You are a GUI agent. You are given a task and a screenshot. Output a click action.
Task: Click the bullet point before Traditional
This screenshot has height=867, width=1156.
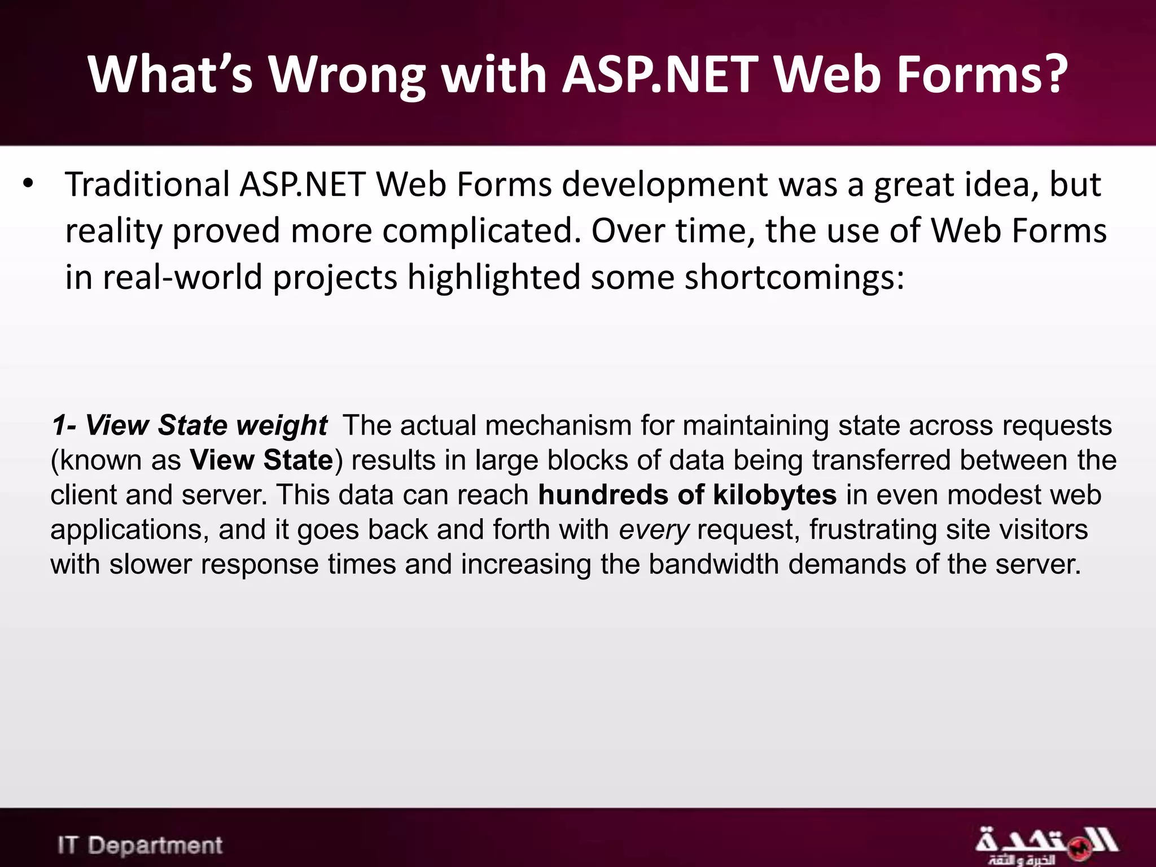(x=29, y=184)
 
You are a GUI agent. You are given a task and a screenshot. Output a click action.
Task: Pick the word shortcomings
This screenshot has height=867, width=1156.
(x=795, y=278)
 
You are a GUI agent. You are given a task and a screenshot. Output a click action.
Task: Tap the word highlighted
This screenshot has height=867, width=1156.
(x=494, y=278)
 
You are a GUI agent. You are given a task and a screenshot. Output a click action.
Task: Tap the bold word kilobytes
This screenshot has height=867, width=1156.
(x=774, y=495)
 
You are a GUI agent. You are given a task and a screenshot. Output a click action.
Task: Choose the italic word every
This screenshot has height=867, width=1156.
(x=654, y=530)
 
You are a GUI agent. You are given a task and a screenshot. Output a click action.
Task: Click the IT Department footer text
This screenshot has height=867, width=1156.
(x=140, y=846)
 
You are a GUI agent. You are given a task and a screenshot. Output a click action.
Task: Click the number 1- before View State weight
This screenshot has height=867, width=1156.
(x=64, y=425)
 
